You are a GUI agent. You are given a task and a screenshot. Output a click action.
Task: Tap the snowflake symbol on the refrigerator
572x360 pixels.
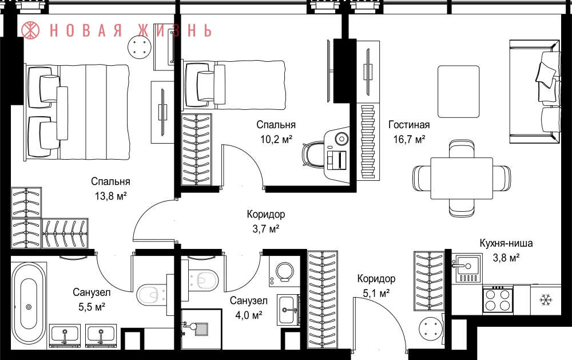pyautogui.click(x=546, y=300)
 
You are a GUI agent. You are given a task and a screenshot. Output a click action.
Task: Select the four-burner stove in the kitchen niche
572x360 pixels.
pyautogui.click(x=498, y=300)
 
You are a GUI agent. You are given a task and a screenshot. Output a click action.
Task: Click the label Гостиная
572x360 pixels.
pyautogui.click(x=409, y=125)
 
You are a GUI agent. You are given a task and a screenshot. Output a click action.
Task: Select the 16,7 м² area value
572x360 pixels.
pyautogui.click(x=409, y=140)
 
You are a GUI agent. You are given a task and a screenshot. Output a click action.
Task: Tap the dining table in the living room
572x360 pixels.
pyautogui.click(x=462, y=178)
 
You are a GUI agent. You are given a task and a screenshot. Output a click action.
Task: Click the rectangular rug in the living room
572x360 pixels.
pyautogui.click(x=459, y=92)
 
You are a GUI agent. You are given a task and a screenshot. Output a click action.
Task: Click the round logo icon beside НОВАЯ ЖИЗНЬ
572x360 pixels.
pyautogui.click(x=30, y=30)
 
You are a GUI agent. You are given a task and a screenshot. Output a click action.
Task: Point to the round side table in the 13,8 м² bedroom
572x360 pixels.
pyautogui.click(x=140, y=48)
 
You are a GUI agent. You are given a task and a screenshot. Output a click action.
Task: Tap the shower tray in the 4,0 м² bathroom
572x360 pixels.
pyautogui.click(x=201, y=327)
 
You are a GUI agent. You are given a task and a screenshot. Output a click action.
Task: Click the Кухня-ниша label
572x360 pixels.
pyautogui.click(x=506, y=243)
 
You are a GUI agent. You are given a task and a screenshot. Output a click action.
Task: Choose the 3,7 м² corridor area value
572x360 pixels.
pyautogui.click(x=266, y=229)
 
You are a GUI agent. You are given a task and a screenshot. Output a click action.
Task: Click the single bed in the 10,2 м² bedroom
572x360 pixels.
pyautogui.click(x=235, y=85)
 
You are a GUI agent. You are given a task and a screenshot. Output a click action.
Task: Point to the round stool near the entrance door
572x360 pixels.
pyautogui.click(x=430, y=329)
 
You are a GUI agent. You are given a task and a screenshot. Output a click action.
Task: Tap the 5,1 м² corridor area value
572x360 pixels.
pyautogui.click(x=376, y=293)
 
